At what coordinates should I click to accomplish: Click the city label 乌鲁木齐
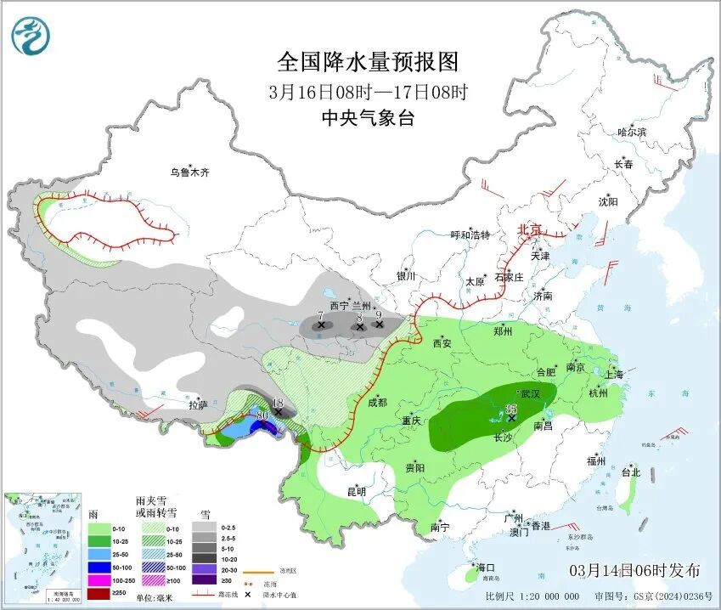[x=189, y=172]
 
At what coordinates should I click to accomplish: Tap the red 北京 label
[x=531, y=230]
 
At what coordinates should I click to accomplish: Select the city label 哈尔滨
[x=632, y=133]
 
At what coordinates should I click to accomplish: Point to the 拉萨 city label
[x=198, y=405]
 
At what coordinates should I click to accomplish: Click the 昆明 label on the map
[x=356, y=491]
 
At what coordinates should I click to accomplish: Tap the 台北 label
[x=630, y=472]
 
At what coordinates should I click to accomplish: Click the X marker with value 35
[x=511, y=418]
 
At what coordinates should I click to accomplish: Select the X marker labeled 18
[x=278, y=411]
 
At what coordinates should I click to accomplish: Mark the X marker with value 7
[x=320, y=325]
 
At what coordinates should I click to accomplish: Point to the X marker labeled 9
[x=379, y=324]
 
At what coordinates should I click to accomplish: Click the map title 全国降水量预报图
[x=368, y=62]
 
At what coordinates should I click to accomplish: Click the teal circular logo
[x=31, y=36]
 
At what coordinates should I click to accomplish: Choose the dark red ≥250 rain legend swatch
[x=99, y=593]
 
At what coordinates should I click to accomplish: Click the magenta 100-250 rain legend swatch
[x=99, y=579]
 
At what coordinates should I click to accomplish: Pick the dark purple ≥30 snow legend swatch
[x=204, y=579]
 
